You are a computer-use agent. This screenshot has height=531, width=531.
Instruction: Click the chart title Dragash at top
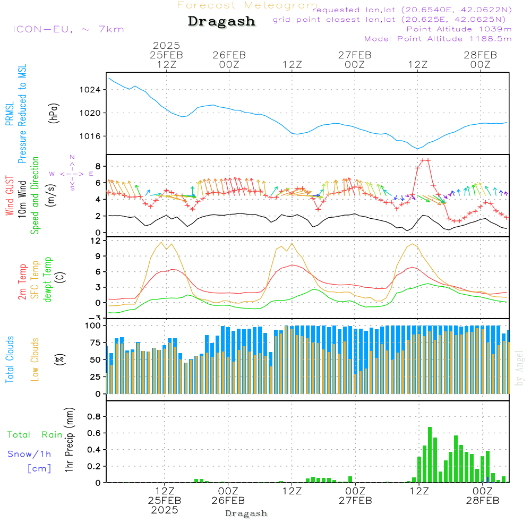221,21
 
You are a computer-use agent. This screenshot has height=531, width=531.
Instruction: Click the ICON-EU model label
68,29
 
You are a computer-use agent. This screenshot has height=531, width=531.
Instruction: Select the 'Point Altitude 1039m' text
459,29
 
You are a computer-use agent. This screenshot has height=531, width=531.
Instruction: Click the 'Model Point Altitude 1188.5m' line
438,39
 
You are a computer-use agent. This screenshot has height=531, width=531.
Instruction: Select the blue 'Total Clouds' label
10,359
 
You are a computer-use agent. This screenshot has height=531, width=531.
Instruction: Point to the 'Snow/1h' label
29,454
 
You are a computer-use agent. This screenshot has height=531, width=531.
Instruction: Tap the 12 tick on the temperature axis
96,241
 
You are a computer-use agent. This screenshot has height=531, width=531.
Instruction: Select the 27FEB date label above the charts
354,55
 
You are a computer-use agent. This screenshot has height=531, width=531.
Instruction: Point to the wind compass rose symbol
72,174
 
